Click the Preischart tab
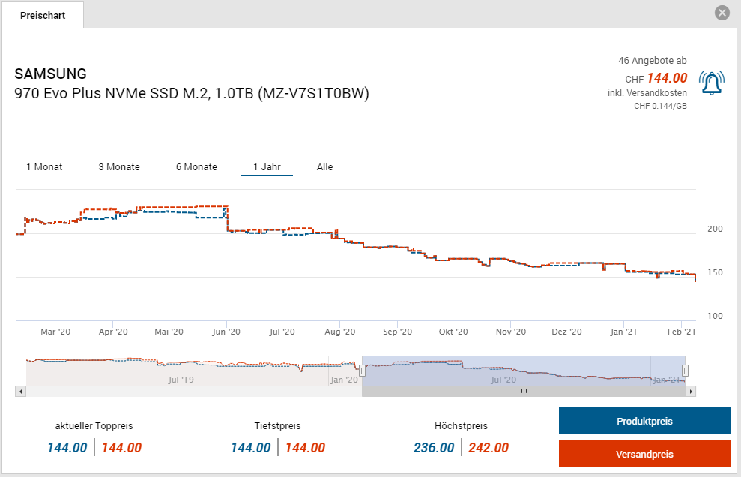pyautogui.click(x=43, y=15)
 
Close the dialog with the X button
pyautogui.click(x=722, y=13)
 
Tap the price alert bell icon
pyautogui.click(x=711, y=82)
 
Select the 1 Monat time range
pyautogui.click(x=44, y=166)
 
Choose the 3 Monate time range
pyautogui.click(x=119, y=166)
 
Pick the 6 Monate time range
pyautogui.click(x=196, y=166)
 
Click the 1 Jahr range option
pyautogui.click(x=267, y=166)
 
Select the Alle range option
pyautogui.click(x=324, y=166)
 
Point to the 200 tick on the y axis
pyautogui.click(x=715, y=229)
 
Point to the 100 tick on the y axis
pyautogui.click(x=715, y=316)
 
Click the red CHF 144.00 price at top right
pyautogui.click(x=667, y=78)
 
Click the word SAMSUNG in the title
pyautogui.click(x=51, y=73)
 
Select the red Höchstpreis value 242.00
pyautogui.click(x=488, y=448)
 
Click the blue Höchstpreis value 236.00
pyautogui.click(x=434, y=448)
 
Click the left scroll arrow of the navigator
pyautogui.click(x=20, y=391)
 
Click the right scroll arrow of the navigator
pyautogui.click(x=691, y=391)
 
